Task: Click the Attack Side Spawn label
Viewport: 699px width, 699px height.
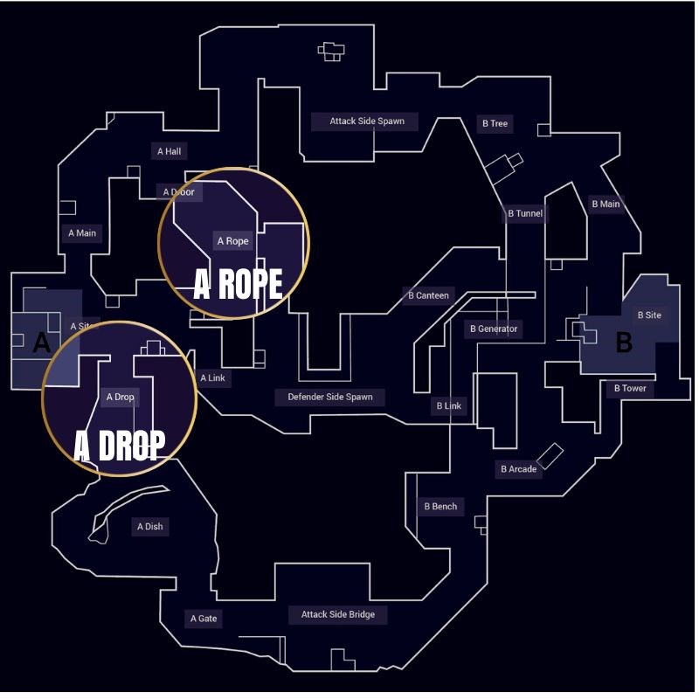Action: (367, 121)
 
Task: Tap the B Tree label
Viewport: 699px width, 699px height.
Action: (494, 124)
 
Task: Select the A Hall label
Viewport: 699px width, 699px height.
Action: (170, 152)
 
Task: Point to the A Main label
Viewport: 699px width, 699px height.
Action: (82, 233)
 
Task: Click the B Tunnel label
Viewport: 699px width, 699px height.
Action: (525, 214)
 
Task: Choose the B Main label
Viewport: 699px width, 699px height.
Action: (606, 204)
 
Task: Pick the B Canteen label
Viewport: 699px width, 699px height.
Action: (428, 295)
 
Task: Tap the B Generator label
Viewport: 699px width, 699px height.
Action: (493, 329)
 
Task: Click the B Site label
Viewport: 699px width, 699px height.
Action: (649, 315)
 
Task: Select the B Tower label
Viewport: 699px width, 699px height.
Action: (630, 389)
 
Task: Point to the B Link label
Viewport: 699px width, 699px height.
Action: (448, 406)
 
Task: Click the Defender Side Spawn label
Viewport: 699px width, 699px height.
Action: (330, 398)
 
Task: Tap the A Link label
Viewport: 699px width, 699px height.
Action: (212, 378)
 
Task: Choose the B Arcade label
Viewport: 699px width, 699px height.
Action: (518, 470)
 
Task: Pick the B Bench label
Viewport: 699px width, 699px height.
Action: (440, 507)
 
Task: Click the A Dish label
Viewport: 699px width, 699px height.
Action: (149, 527)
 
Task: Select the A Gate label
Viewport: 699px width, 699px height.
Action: (204, 619)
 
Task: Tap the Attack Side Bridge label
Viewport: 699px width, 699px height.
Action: (338, 615)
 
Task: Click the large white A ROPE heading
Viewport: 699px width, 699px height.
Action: (238, 284)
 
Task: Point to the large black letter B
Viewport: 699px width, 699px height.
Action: (624, 343)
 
